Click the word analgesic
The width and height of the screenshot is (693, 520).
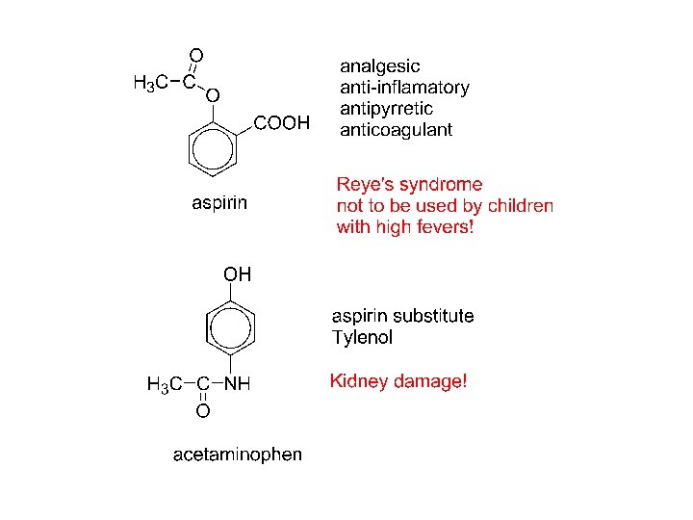click(380, 66)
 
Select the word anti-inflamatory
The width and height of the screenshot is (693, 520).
click(404, 88)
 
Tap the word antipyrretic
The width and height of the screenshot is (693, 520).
click(387, 109)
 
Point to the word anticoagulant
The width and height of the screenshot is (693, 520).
click(396, 130)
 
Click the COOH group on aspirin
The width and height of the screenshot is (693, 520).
click(282, 123)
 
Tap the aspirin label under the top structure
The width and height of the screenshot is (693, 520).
click(219, 203)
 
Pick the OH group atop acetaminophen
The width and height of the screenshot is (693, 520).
click(237, 275)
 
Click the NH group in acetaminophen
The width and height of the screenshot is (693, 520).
click(237, 384)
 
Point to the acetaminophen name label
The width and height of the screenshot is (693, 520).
click(237, 454)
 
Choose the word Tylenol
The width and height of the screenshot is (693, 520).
click(362, 338)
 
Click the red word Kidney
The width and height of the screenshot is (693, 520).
click(358, 381)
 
